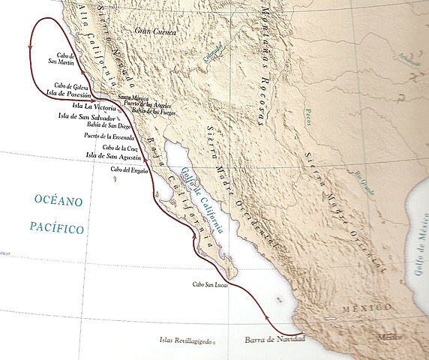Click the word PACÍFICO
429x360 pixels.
pos(57,228)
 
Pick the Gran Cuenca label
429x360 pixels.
pos(154,31)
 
